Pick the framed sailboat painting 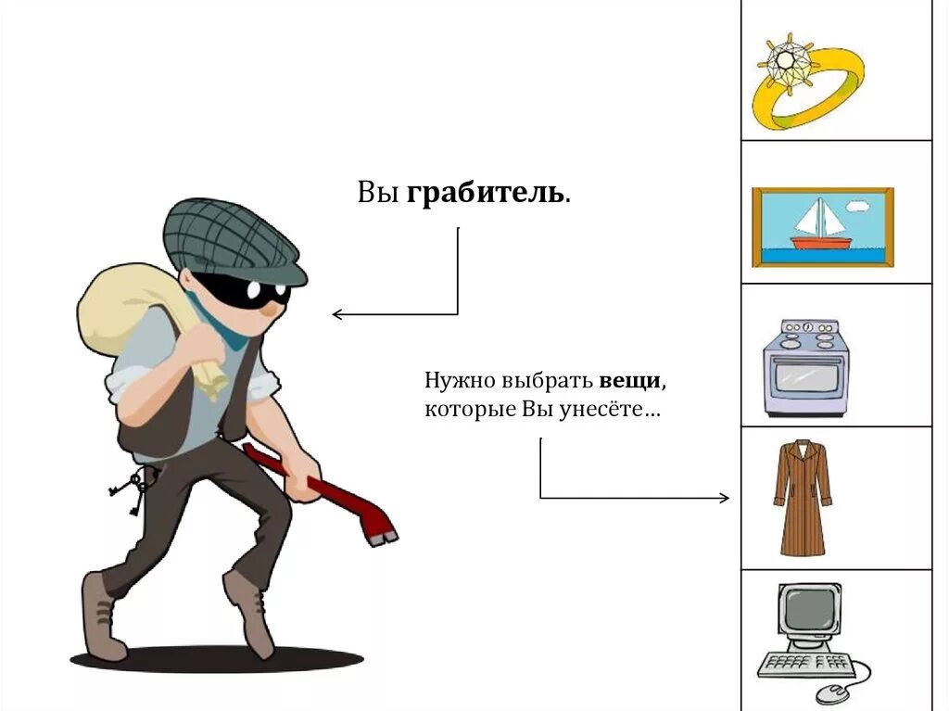822,226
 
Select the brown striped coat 803,499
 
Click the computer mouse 830,692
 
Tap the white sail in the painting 815,219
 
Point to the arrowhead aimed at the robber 336,314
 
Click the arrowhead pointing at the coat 725,499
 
